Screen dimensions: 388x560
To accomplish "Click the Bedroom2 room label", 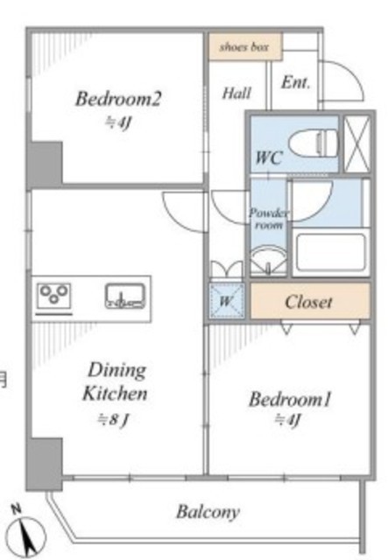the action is click(x=118, y=99).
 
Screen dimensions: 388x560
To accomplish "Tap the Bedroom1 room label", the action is click(x=290, y=399).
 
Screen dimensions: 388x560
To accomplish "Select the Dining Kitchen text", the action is click(x=115, y=381).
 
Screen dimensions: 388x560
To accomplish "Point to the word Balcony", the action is click(x=208, y=512).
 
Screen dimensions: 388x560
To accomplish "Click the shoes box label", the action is click(x=244, y=46).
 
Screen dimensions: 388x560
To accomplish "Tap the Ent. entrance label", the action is click(x=295, y=82).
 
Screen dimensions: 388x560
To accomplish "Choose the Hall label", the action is click(x=236, y=94).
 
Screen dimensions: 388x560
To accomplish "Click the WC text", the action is click(x=269, y=157).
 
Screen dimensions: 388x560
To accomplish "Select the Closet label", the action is click(x=308, y=302).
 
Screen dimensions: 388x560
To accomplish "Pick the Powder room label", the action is click(x=269, y=219).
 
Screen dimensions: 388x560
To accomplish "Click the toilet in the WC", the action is click(x=314, y=143).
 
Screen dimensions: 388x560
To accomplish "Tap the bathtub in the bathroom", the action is click(x=331, y=253).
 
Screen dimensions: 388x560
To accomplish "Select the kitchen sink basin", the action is click(x=125, y=296).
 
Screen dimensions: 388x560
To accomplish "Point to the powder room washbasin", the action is click(x=268, y=261).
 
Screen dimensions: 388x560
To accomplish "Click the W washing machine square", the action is click(x=227, y=301).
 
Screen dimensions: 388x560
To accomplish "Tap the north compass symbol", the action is click(x=26, y=533).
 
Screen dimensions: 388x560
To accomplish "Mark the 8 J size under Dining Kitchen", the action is click(x=113, y=419).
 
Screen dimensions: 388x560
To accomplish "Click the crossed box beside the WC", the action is click(x=356, y=143).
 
